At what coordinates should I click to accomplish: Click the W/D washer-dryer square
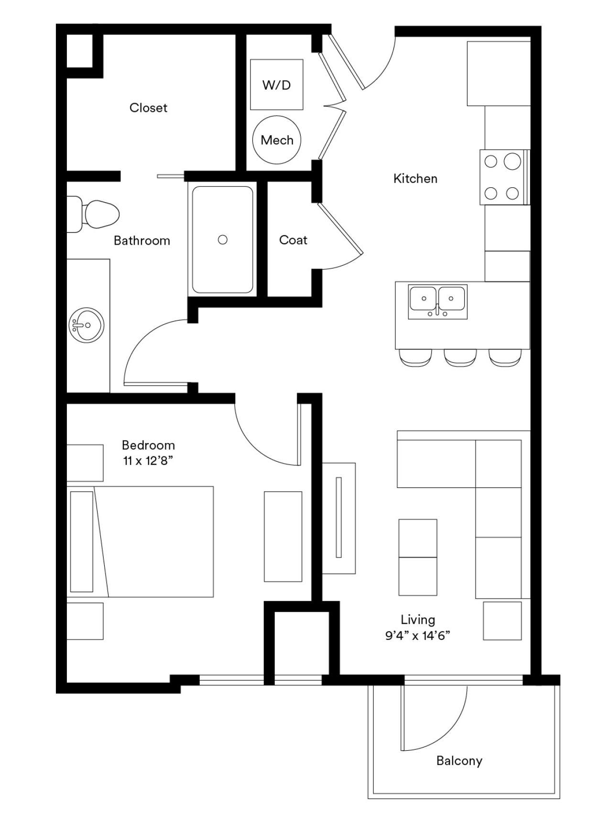click(x=277, y=85)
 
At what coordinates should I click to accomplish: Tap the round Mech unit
click(x=277, y=140)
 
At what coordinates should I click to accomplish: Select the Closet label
click(x=148, y=108)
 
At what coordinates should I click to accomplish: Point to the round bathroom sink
click(x=86, y=325)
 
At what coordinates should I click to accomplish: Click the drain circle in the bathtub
click(x=222, y=240)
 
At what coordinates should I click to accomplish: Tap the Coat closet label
click(x=293, y=240)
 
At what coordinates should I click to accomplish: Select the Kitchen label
click(x=415, y=179)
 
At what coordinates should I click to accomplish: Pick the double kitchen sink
click(x=437, y=302)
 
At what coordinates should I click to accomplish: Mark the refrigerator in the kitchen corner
click(x=499, y=74)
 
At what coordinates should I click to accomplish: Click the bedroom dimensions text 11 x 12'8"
click(x=147, y=461)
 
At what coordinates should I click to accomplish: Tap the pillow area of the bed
click(x=82, y=541)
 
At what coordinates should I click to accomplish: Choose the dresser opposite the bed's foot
click(x=283, y=537)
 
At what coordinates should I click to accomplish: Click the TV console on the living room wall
click(x=338, y=518)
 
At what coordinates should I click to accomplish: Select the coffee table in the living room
click(x=418, y=557)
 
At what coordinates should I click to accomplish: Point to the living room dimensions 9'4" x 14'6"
click(x=418, y=636)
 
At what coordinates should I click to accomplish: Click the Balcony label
click(x=459, y=760)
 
